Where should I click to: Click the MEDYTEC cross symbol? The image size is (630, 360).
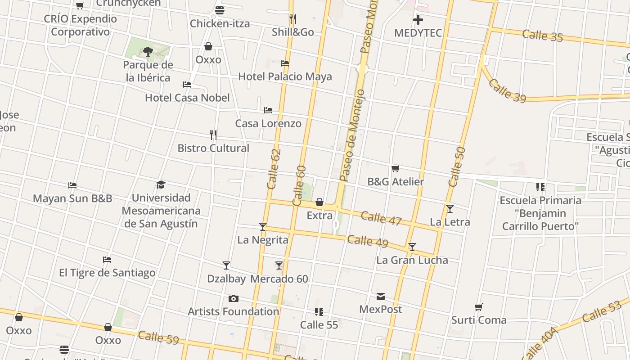click(x=418, y=20)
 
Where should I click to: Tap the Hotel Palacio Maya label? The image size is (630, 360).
click(x=285, y=76)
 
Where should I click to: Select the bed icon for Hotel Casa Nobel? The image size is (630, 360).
click(x=187, y=85)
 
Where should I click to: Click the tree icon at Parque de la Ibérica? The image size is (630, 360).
click(x=148, y=52)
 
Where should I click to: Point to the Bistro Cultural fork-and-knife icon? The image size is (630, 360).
click(x=213, y=135)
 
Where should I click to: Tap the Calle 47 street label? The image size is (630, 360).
click(x=381, y=218)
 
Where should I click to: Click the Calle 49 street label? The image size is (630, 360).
click(x=367, y=241)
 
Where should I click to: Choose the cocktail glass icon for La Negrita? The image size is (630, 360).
click(x=263, y=226)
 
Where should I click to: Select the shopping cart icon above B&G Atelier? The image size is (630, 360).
click(x=396, y=168)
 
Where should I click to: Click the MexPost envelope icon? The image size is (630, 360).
click(x=381, y=296)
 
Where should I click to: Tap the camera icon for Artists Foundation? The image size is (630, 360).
click(x=233, y=298)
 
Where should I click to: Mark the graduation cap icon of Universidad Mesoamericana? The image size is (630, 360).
click(x=161, y=184)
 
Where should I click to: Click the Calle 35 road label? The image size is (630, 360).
click(x=542, y=36)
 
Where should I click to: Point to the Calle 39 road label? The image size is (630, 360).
click(x=507, y=91)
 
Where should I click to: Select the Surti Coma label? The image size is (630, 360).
click(x=479, y=320)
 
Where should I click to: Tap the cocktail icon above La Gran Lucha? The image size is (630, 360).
click(x=412, y=247)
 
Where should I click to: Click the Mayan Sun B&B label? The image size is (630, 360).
click(x=72, y=198)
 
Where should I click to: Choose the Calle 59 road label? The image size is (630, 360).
click(x=158, y=337)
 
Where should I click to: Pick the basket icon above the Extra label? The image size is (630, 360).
click(x=319, y=202)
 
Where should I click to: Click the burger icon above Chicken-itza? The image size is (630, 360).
click(x=220, y=10)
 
